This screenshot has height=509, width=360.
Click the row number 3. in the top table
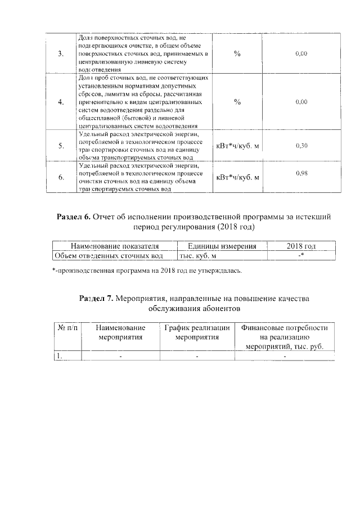(x=61, y=53)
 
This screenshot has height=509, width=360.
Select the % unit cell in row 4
(x=237, y=102)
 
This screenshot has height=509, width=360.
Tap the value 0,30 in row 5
(x=301, y=146)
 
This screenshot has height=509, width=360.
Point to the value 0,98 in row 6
(x=301, y=173)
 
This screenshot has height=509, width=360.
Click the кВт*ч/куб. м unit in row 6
(x=237, y=178)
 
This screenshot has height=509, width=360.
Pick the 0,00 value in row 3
(x=301, y=53)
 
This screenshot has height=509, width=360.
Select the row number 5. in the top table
(x=61, y=146)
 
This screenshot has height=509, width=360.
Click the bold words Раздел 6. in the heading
(x=74, y=216)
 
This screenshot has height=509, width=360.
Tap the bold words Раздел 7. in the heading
(x=96, y=299)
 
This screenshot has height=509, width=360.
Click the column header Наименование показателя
(x=114, y=246)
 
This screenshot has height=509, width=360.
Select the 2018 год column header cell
(x=301, y=246)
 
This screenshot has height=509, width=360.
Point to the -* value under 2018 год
(x=301, y=256)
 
